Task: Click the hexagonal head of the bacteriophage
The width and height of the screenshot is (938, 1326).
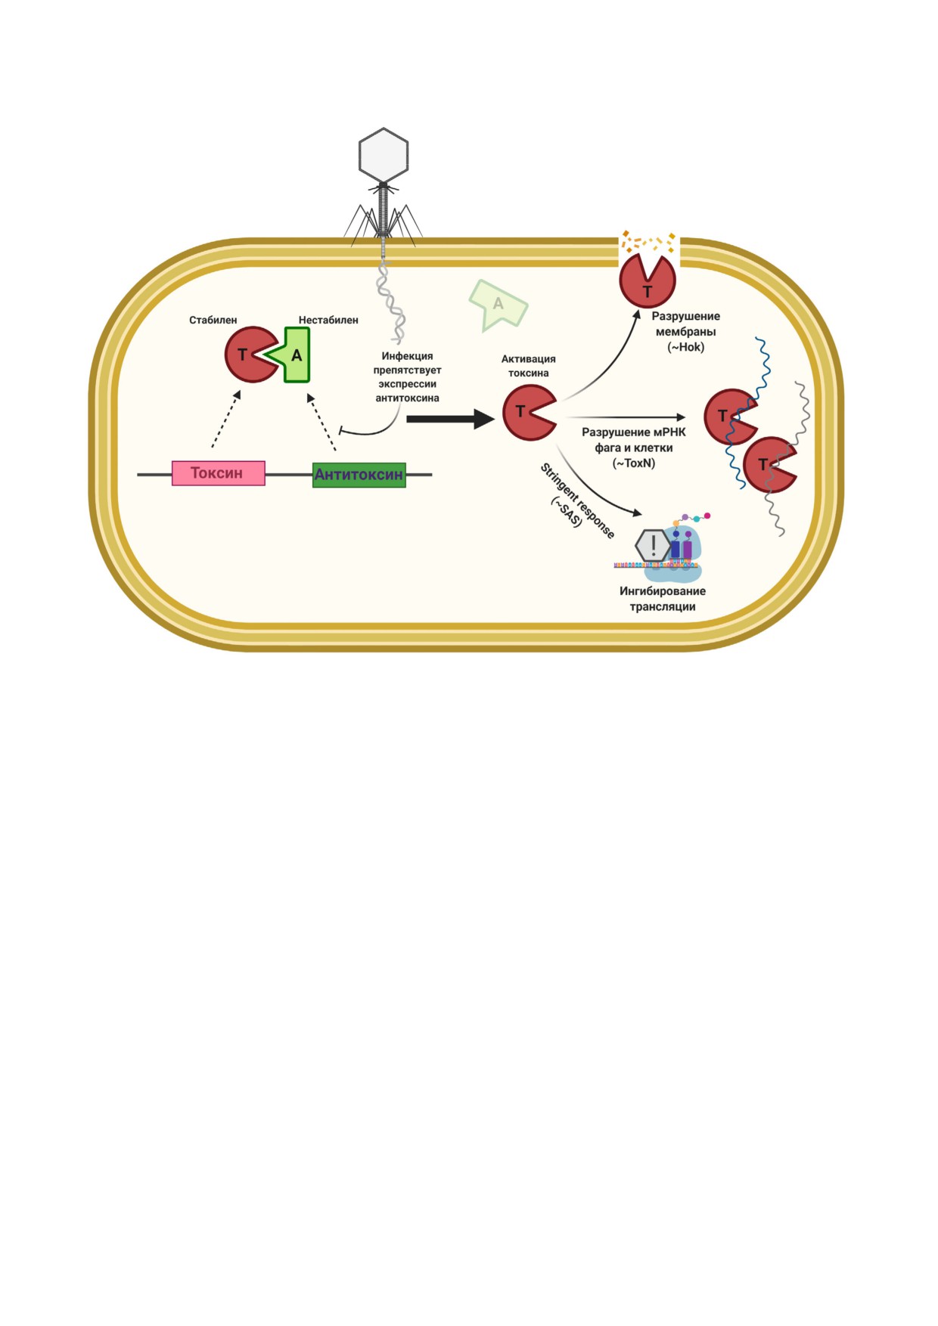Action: [x=384, y=155]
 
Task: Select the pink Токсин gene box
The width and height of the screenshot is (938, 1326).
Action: [x=219, y=473]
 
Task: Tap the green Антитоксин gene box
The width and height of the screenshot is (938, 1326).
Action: [x=359, y=475]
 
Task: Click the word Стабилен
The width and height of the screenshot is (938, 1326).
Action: [x=213, y=320]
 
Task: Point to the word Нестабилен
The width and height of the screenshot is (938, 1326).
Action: [x=328, y=320]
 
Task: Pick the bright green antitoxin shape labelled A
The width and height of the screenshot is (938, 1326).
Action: [x=294, y=355]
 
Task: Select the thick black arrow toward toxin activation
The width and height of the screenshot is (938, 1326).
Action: [x=451, y=418]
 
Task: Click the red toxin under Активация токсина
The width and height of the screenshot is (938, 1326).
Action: [x=528, y=412]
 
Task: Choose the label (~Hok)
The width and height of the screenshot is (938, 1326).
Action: [x=686, y=347]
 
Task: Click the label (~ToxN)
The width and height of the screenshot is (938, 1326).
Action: [x=634, y=463]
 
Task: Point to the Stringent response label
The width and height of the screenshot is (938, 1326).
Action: [x=577, y=500]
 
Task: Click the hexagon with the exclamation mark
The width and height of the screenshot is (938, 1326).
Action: [x=653, y=545]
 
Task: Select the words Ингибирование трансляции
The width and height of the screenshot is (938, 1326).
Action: [x=663, y=599]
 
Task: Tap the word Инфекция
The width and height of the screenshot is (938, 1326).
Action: [x=407, y=356]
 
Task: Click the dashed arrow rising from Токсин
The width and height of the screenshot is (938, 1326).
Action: [x=226, y=419]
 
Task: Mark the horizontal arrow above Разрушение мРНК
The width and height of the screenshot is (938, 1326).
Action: [x=626, y=417]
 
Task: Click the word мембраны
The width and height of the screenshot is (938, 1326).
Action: [x=686, y=332]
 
